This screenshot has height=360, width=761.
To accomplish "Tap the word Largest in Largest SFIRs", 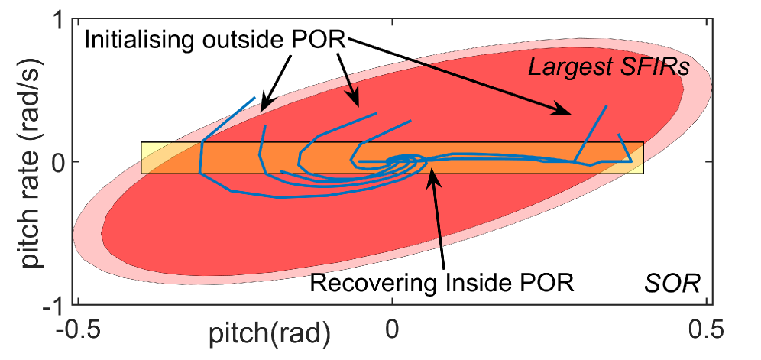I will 565,68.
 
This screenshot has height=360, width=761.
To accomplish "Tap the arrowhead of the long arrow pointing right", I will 568,113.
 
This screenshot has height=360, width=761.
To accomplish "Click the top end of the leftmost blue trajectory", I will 254,98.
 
